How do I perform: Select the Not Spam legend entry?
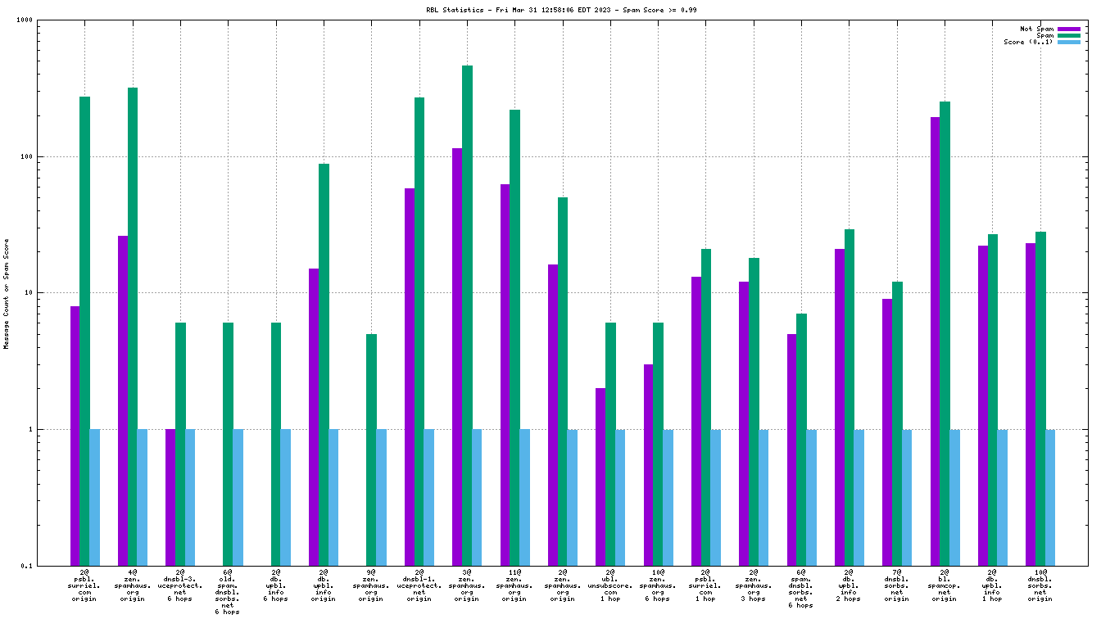pyautogui.click(x=1036, y=29)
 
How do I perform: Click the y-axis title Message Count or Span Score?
pyautogui.click(x=7, y=293)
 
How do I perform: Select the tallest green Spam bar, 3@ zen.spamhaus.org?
pyautogui.click(x=467, y=315)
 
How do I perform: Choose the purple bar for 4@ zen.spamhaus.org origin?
pyautogui.click(x=123, y=400)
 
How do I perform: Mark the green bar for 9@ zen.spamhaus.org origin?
pyautogui.click(x=371, y=450)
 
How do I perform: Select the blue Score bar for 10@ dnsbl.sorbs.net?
pyautogui.click(x=1050, y=497)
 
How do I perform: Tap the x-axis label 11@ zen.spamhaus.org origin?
pyautogui.click(x=514, y=585)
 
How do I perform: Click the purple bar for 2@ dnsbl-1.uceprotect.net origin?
pyautogui.click(x=410, y=377)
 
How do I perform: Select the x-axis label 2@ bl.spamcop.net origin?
pyautogui.click(x=945, y=585)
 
